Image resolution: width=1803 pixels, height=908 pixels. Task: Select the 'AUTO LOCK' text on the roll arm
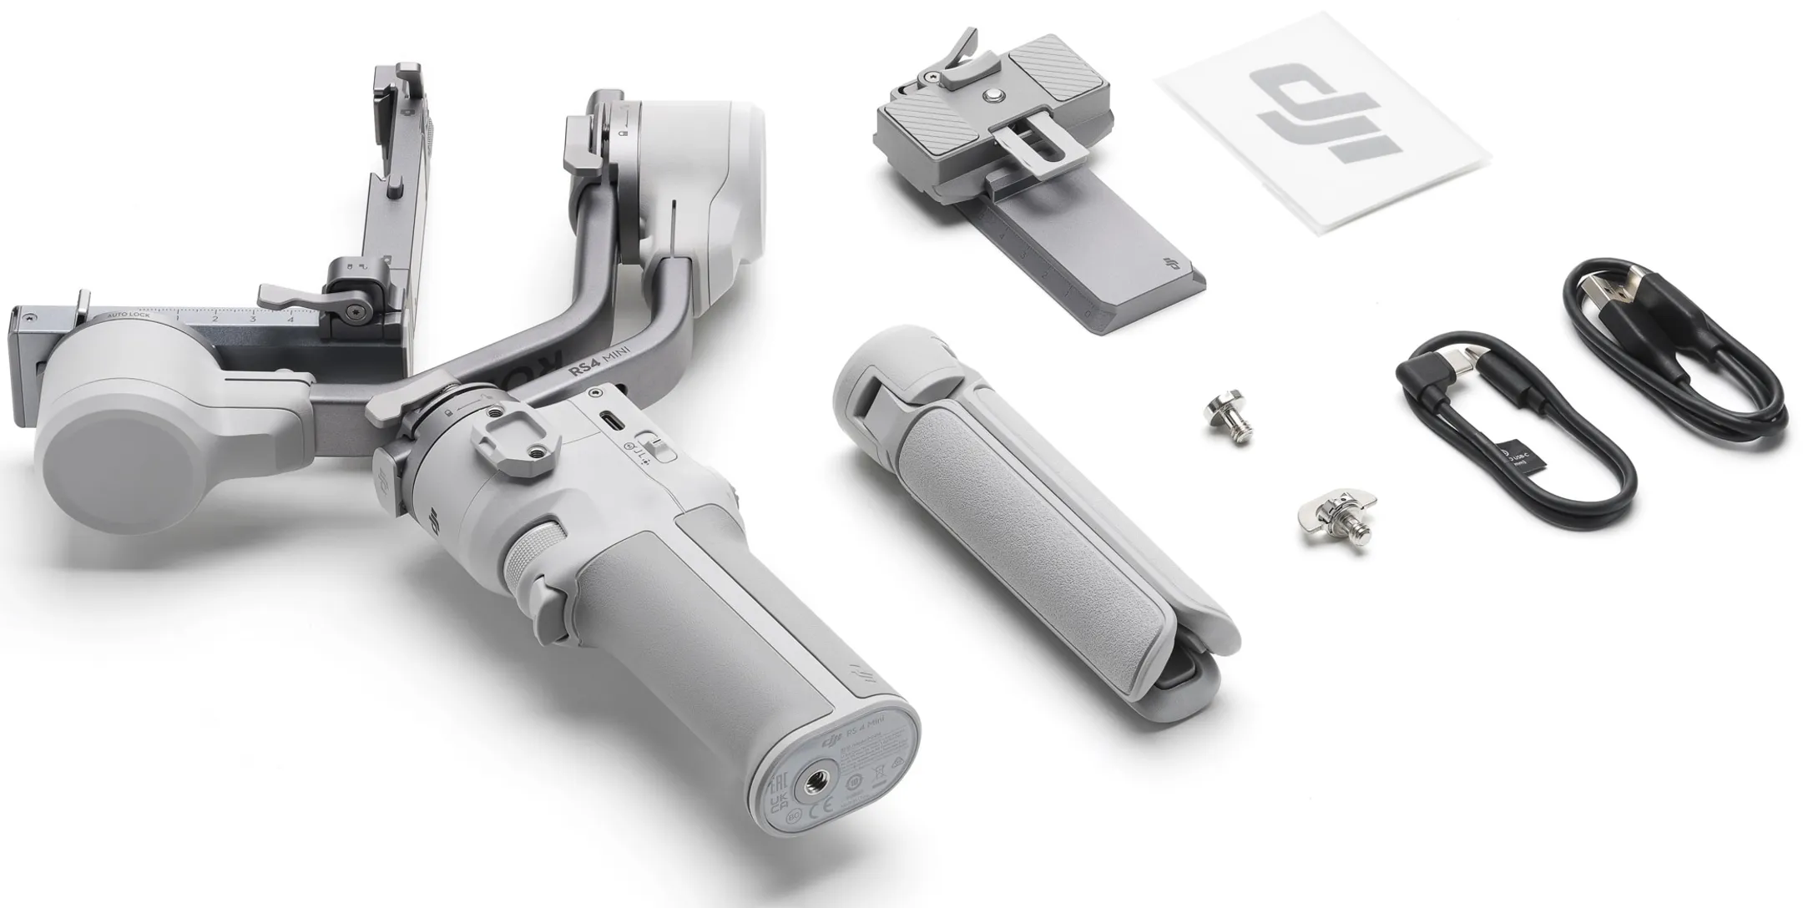pos(129,315)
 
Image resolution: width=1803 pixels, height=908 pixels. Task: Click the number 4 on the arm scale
pos(290,318)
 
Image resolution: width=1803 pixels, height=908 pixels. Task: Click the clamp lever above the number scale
pos(288,292)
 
